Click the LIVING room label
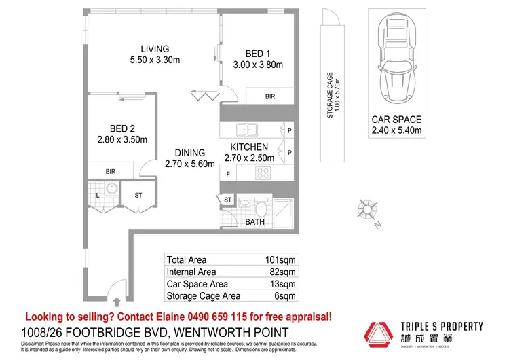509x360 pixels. click(155, 49)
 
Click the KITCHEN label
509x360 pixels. click(249, 147)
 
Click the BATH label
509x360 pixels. click(254, 221)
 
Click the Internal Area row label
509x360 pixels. click(191, 272)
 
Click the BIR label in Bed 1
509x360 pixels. click(270, 97)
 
